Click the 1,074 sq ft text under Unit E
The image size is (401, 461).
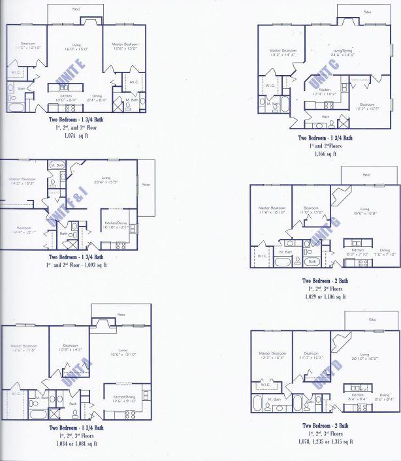76,136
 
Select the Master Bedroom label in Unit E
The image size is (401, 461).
125,44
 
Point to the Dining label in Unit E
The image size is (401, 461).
97,97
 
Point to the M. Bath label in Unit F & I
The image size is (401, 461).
57,165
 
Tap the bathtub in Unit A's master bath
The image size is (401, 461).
38,413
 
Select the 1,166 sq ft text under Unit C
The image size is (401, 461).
325,155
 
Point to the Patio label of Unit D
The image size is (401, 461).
372,321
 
